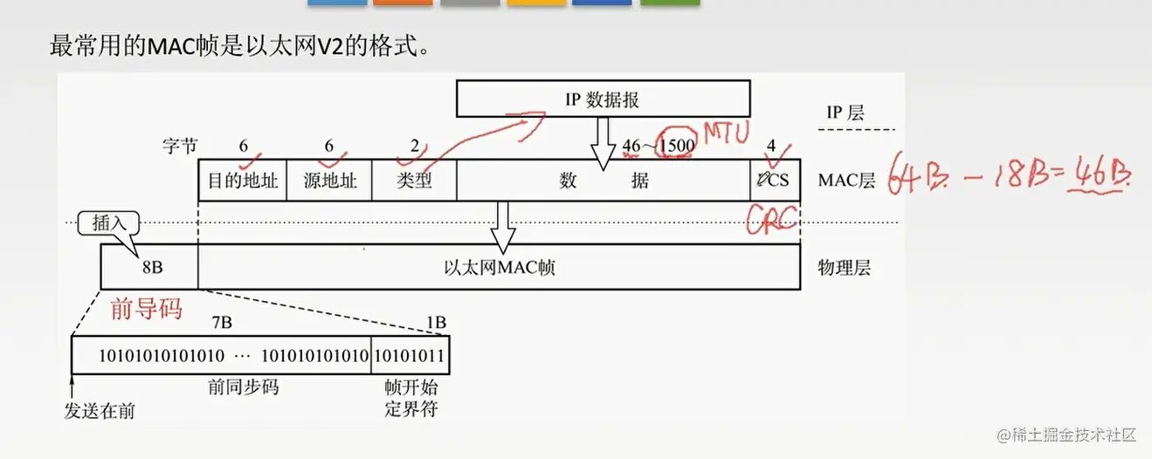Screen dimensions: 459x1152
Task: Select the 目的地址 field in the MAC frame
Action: [243, 181]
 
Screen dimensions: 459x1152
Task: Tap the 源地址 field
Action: [329, 181]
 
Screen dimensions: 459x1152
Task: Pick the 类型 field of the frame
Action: [414, 181]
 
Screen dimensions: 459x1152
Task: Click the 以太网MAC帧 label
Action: [499, 267]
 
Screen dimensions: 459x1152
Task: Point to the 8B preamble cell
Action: [149, 266]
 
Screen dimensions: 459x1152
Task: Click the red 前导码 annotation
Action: [146, 308]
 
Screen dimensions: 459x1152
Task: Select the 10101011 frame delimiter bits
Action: [410, 356]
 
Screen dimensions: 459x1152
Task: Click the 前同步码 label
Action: [243, 387]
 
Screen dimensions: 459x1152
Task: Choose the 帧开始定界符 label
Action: [410, 398]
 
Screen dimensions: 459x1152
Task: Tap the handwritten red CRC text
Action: [773, 219]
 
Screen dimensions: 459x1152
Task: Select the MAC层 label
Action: [846, 181]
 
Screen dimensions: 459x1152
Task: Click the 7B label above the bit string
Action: [222, 323]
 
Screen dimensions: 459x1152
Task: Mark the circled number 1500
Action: [679, 146]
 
